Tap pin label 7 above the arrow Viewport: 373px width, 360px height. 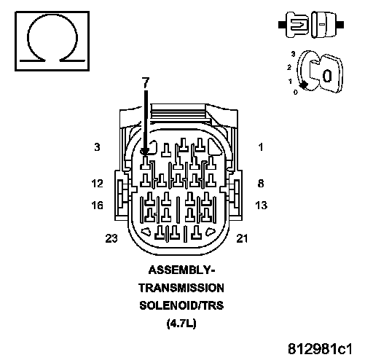tap(146, 82)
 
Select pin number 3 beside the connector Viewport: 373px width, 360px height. tap(97, 147)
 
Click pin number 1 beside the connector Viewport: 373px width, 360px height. tap(261, 147)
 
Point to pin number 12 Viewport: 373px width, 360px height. tap(98, 183)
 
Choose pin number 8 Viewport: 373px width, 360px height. tap(261, 183)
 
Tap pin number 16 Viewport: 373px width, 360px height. tap(97, 206)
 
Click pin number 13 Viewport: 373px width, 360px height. tap(262, 206)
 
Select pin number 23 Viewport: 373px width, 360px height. tap(111, 238)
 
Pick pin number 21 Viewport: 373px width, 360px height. tap(242, 238)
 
